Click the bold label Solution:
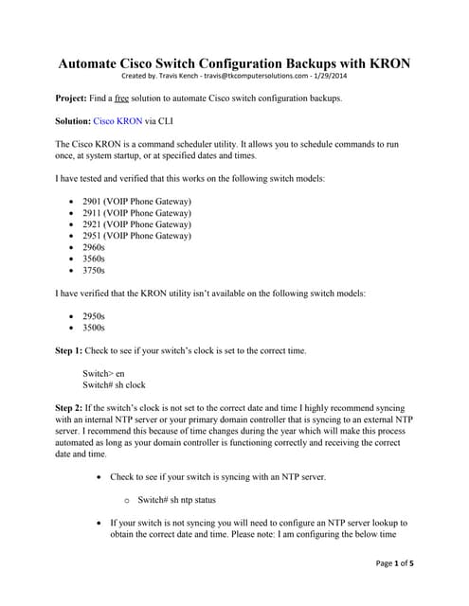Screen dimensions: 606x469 [73, 121]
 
